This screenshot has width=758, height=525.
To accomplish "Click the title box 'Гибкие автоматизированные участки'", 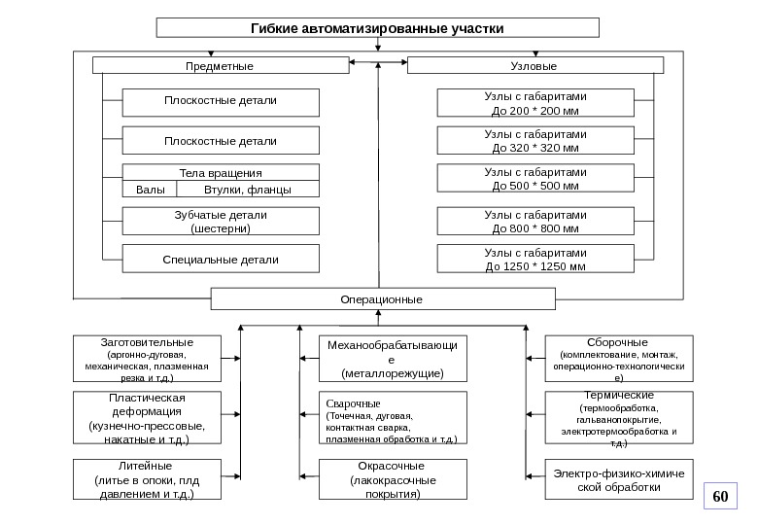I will coord(378,27).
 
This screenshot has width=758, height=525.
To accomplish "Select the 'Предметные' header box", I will coord(220,66).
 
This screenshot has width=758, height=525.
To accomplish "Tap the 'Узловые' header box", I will coord(534,66).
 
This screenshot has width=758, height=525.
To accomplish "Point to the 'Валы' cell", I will coord(150,190).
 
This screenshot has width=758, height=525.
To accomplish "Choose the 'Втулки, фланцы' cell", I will coord(248,190).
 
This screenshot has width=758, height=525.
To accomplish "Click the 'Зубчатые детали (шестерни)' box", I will coord(220,222).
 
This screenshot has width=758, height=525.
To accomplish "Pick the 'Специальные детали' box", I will coord(220,260).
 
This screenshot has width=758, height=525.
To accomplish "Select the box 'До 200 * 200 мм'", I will coord(535,104).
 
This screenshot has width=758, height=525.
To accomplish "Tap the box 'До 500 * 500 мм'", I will coord(535,179).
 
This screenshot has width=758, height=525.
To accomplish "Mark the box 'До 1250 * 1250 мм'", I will coord(535,260).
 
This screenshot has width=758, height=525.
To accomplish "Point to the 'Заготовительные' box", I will coord(148,360).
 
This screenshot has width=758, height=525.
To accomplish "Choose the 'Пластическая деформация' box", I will coord(148,418).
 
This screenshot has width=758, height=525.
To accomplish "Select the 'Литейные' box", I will coord(148,480).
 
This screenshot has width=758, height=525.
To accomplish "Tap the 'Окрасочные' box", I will coord(393,480).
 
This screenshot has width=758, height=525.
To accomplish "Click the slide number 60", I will coord(720,497).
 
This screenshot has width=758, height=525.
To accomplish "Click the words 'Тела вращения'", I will coord(220,172).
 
